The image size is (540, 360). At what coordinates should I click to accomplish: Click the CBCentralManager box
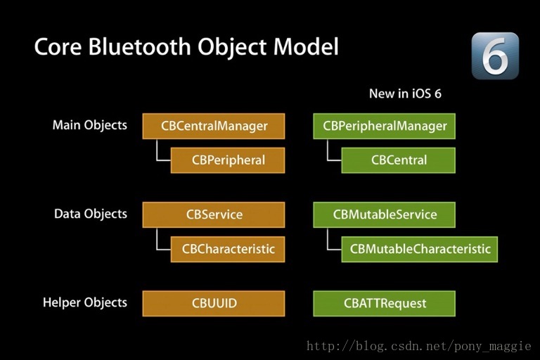point(214,126)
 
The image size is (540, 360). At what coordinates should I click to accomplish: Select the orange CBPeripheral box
point(228,160)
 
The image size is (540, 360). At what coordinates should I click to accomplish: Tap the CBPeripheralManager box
point(384,126)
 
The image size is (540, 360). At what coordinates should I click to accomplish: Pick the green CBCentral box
point(398,160)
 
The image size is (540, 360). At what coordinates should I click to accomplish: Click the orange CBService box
point(214,214)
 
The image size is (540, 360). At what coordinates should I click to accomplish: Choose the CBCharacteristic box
point(228,249)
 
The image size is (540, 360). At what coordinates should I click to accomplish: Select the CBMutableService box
point(384,214)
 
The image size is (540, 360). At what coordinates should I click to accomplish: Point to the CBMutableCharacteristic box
point(419,249)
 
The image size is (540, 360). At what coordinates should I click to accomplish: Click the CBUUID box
point(214,304)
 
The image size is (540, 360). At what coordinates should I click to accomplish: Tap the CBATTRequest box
point(384,304)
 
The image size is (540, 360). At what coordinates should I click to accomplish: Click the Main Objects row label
point(89,125)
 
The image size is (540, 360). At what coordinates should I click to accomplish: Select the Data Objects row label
point(90,214)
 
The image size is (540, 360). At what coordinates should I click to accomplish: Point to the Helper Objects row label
point(84,302)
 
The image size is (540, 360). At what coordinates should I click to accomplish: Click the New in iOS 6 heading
point(405,94)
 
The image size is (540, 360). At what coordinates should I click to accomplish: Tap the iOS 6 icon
point(495,56)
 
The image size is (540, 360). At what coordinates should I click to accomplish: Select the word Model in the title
point(306,46)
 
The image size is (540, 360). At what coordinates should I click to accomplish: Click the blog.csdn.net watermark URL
point(420,346)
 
